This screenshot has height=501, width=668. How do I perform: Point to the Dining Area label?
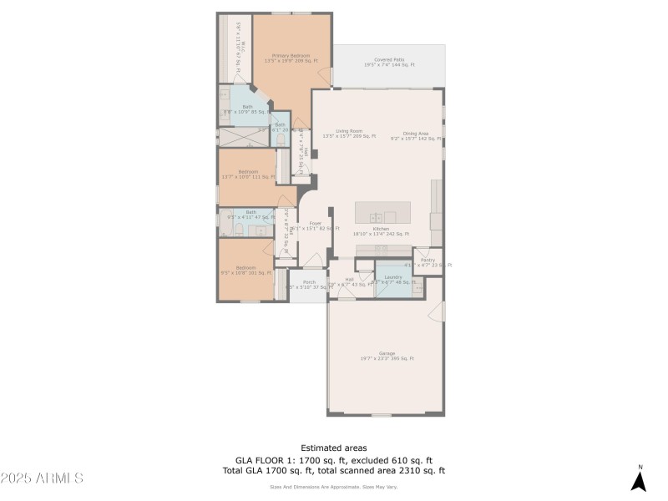point(415,134)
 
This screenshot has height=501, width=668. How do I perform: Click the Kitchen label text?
point(381,230)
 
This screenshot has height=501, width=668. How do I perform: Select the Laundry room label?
point(393,279)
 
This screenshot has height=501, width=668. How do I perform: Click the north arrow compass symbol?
point(640,479)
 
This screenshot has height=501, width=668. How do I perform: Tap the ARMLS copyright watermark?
point(42,478)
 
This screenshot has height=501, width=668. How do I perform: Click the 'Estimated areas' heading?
point(333,448)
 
